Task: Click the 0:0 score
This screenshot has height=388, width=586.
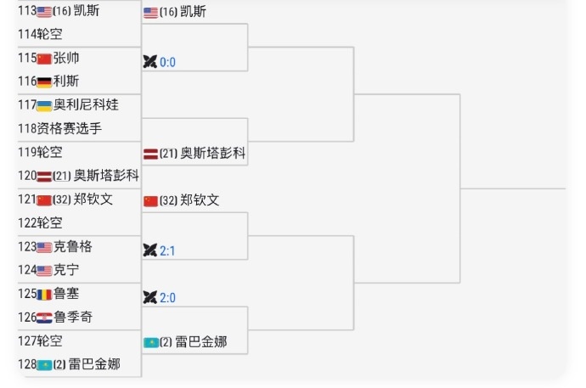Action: (x=167, y=62)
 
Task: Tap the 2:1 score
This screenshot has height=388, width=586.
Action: (x=167, y=250)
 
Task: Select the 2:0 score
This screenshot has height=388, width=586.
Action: (x=167, y=298)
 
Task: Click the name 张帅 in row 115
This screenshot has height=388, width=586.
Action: (x=66, y=58)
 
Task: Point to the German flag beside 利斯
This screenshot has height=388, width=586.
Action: (x=44, y=82)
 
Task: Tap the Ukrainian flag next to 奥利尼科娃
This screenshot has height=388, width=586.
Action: (x=44, y=105)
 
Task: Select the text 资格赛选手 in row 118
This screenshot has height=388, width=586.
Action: (x=69, y=128)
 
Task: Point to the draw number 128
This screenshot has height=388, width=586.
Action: (x=27, y=364)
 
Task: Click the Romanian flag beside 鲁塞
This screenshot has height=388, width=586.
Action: (x=44, y=295)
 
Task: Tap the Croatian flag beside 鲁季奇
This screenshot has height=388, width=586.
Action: (x=44, y=318)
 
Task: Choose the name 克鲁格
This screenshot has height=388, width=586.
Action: (x=73, y=246)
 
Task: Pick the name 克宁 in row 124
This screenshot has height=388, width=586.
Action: (x=66, y=270)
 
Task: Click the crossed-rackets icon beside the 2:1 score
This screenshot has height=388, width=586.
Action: (x=150, y=250)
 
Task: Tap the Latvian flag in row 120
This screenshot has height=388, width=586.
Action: (x=44, y=177)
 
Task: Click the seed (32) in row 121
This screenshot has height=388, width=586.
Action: (x=62, y=200)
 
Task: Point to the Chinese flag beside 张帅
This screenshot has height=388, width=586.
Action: (x=44, y=59)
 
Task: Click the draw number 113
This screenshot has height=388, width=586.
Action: (x=27, y=10)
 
